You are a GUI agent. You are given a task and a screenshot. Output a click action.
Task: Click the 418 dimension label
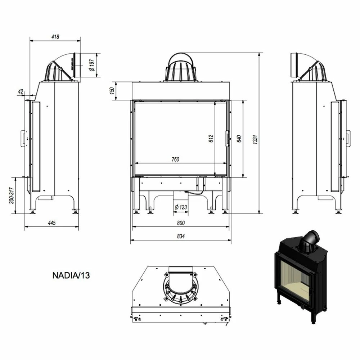(55, 37)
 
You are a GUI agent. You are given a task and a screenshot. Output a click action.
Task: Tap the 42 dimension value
(20, 92)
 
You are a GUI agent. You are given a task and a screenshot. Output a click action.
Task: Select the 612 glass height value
(211, 139)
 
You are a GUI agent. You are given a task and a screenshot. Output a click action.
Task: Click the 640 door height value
(239, 139)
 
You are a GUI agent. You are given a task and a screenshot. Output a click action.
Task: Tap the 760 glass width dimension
(175, 159)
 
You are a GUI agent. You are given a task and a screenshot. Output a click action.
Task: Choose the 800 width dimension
(181, 223)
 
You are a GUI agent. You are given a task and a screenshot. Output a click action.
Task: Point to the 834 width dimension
(181, 237)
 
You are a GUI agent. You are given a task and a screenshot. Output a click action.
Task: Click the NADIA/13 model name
(71, 275)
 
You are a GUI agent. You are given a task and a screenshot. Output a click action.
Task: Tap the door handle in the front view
(227, 139)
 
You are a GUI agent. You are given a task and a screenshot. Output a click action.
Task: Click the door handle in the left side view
(23, 138)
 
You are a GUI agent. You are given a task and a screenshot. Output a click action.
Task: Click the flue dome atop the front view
(181, 68)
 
